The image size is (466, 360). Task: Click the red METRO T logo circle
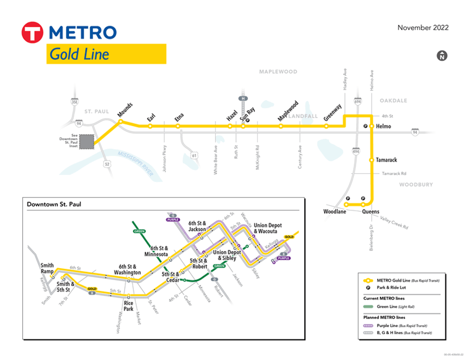click(32, 33)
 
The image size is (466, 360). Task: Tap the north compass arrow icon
click(442, 56)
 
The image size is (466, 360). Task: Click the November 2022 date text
click(423, 28)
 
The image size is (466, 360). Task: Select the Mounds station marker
click(121, 122)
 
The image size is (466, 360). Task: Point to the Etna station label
click(179, 117)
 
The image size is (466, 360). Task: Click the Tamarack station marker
click(372, 160)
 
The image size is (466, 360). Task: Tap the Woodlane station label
click(335, 212)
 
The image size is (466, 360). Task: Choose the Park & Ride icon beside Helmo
click(366, 126)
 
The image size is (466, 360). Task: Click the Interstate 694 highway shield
click(358, 101)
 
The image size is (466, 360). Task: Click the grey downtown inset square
click(87, 142)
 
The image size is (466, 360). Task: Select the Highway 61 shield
click(194, 156)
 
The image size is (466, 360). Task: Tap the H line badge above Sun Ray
click(243, 98)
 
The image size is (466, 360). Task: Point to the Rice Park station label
click(128, 306)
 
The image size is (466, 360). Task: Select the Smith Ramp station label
click(47, 269)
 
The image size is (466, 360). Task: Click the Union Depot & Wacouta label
click(268, 228)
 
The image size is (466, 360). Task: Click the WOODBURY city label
click(416, 185)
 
